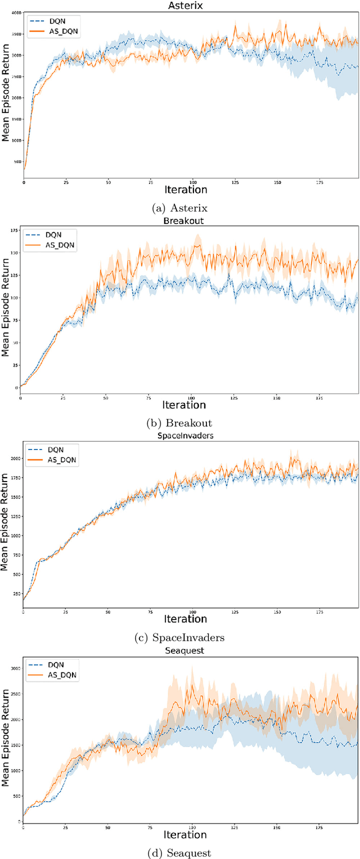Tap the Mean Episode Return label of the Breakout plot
point(6,311)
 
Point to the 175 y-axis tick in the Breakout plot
point(14,230)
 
